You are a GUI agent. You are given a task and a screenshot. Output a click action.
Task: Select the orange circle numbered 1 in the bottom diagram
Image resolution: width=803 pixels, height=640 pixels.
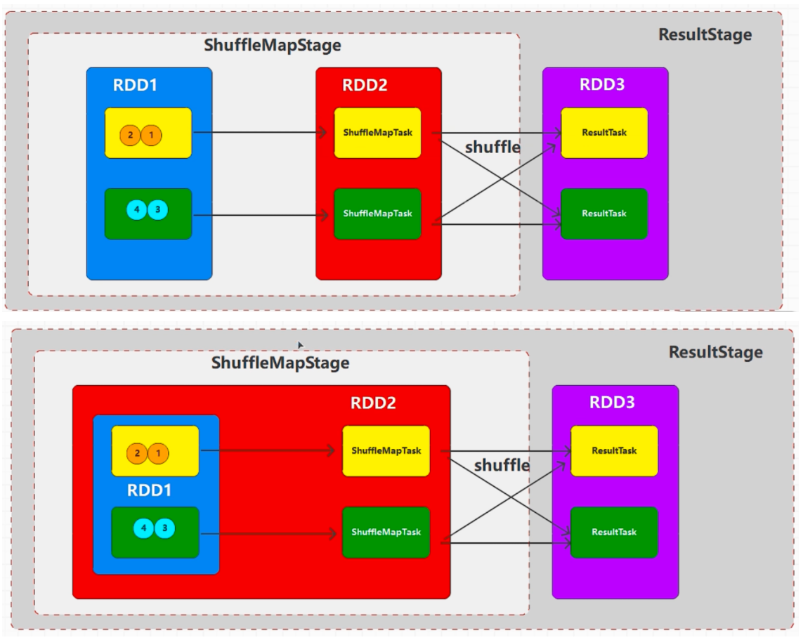158,453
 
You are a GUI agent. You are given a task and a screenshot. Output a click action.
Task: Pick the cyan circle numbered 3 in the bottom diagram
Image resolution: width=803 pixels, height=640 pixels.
164,528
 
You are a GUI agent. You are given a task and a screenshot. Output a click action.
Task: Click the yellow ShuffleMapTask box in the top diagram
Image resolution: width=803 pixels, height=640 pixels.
377,133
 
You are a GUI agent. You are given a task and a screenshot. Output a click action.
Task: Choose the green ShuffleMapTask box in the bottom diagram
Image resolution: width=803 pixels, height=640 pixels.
386,532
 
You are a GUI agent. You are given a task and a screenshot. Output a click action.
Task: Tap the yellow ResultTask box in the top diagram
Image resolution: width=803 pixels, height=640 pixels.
603,133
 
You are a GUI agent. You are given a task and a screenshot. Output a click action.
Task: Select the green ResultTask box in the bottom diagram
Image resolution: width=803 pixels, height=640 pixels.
614,532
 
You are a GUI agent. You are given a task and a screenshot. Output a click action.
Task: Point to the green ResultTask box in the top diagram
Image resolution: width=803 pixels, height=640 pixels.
603,214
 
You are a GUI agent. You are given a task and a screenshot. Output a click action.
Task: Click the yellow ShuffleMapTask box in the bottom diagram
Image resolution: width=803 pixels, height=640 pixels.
386,451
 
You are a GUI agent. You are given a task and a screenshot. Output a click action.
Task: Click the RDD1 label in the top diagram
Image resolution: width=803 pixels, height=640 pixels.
135,86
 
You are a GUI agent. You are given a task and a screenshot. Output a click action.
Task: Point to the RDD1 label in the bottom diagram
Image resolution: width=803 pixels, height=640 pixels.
149,490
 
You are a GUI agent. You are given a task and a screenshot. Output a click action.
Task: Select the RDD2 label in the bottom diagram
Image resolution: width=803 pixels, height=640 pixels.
373,403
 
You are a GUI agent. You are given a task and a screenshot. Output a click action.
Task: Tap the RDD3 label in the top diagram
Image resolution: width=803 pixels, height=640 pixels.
602,85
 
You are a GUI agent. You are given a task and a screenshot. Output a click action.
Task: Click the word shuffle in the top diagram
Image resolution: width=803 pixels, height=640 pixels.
492,148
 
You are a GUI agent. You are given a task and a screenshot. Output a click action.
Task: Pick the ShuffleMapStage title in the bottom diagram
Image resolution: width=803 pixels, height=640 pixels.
280,363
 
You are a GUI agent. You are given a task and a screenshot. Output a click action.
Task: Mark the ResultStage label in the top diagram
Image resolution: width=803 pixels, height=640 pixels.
705,34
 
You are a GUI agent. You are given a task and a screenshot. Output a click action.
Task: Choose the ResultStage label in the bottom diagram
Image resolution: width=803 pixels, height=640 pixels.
715,352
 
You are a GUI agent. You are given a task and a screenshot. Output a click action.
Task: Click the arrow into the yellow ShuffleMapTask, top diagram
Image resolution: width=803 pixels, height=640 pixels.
260,132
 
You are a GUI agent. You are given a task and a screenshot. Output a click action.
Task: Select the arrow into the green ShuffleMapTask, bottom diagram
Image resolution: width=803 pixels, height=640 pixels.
267,534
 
